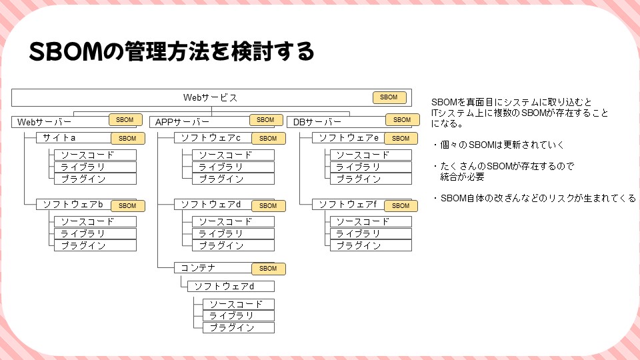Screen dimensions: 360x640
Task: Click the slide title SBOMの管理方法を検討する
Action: [x=171, y=52]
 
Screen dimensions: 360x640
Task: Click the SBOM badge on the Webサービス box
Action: [x=389, y=97]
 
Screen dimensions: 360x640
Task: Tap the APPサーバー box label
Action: [x=182, y=122]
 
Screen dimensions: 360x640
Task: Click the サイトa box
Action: [x=59, y=138]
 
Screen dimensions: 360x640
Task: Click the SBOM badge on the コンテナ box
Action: [x=268, y=269]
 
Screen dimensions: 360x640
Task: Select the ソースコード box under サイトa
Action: [x=95, y=155]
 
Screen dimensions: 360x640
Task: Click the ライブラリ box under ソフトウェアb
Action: [x=95, y=233]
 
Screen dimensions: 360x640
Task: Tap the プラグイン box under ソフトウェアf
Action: [x=370, y=245]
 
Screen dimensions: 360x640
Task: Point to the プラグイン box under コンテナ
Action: [x=239, y=327]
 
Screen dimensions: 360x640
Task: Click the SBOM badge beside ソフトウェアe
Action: [x=401, y=139]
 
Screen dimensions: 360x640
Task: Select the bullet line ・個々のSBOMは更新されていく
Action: [x=497, y=144]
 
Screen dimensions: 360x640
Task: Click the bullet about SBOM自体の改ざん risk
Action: [x=533, y=198]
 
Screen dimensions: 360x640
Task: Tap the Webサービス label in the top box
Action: [x=210, y=97]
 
